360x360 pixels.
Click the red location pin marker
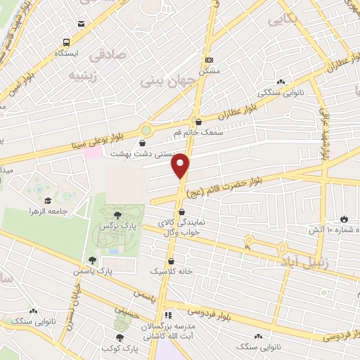click(x=181, y=166)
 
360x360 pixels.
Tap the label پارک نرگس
click(x=115, y=226)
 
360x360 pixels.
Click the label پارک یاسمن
click(x=96, y=270)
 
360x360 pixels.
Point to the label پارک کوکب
click(x=117, y=349)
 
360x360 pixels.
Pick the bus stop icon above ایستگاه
click(x=66, y=42)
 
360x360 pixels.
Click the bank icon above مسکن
click(x=209, y=60)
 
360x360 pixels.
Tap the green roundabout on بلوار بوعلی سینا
click(x=146, y=130)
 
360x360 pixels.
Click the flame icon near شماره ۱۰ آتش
click(x=344, y=219)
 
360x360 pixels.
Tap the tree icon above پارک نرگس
click(x=117, y=216)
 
